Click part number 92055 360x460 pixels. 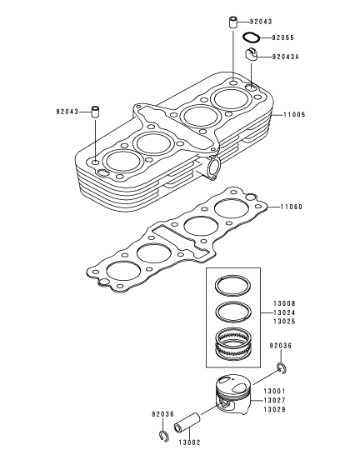coord(282,37)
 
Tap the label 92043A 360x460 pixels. coord(286,57)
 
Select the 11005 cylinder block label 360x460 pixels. coord(294,114)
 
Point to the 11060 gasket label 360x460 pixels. coord(292,207)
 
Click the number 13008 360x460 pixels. coord(284,303)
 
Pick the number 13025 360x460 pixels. coord(284,322)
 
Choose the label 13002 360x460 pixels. coord(189,442)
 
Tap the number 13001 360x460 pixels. coord(274,391)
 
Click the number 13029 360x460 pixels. coord(274,409)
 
